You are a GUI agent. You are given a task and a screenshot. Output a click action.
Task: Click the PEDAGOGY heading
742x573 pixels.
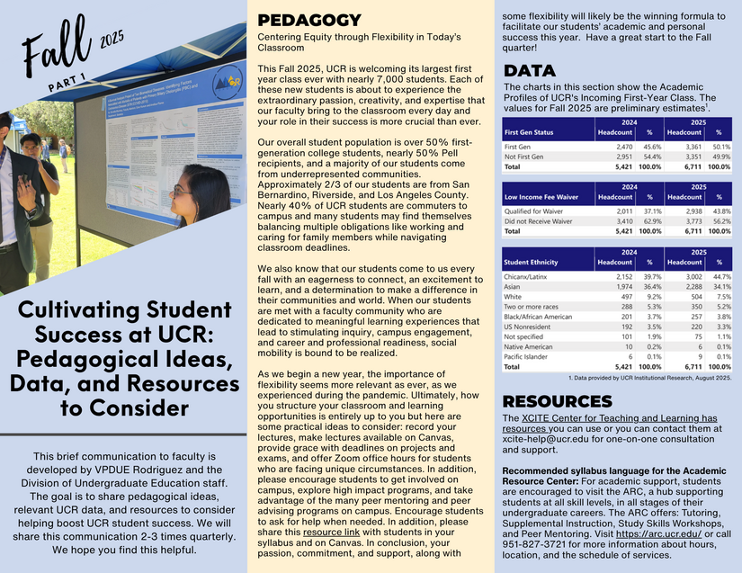point(309,21)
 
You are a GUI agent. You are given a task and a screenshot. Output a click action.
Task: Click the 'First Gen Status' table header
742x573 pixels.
point(529,131)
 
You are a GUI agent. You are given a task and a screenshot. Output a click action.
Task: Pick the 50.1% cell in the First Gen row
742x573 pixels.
point(719,146)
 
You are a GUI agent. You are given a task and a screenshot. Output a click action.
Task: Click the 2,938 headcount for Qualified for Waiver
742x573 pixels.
point(675,210)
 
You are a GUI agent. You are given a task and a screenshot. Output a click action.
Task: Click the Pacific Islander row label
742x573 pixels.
point(525,356)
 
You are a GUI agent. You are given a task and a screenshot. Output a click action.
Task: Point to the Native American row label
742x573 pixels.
point(528,346)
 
